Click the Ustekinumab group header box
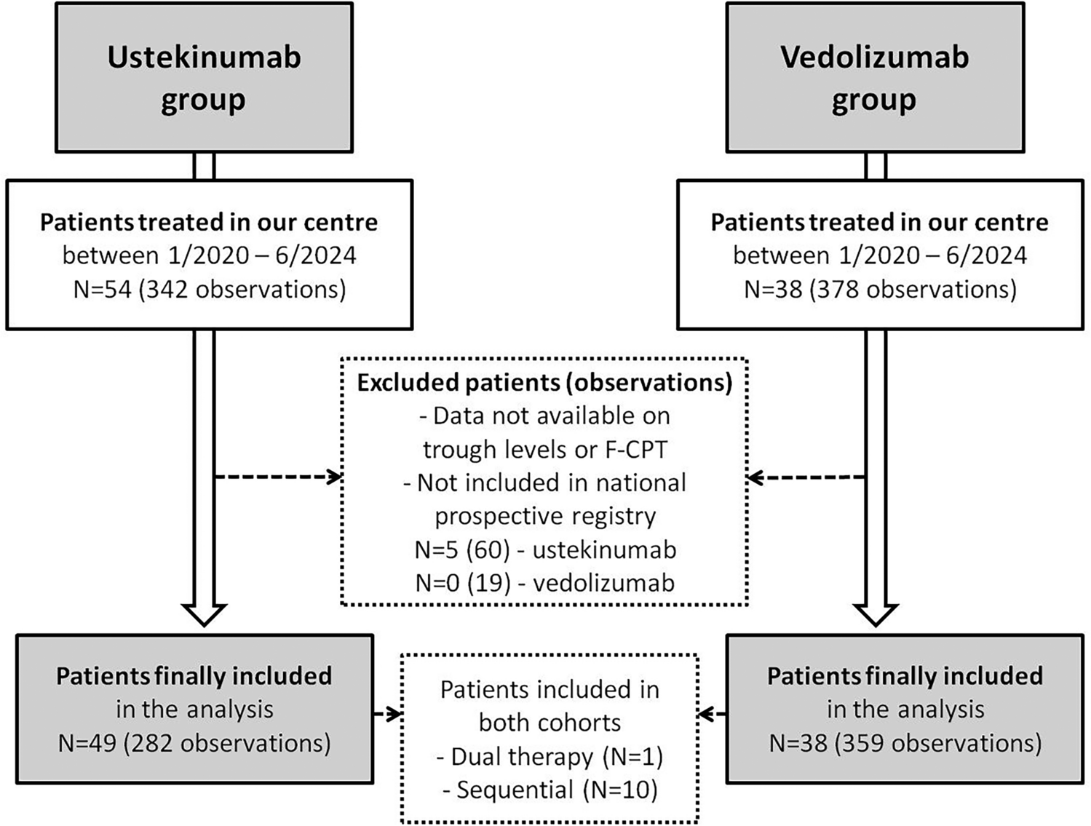(x=204, y=78)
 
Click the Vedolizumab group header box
(x=875, y=78)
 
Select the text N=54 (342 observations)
(x=210, y=290)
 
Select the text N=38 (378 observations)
(x=880, y=290)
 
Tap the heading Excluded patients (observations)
(x=544, y=383)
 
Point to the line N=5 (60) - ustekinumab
(x=544, y=550)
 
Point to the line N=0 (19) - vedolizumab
(x=544, y=583)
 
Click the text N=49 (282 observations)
(x=194, y=743)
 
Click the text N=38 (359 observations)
(x=905, y=743)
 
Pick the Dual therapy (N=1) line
(x=550, y=757)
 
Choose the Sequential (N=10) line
(x=550, y=790)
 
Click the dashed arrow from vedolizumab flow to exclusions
(x=806, y=477)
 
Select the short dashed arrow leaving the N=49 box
(x=388, y=715)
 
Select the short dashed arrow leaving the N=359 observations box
(x=712, y=715)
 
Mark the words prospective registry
(x=544, y=516)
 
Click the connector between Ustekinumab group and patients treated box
(x=204, y=167)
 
